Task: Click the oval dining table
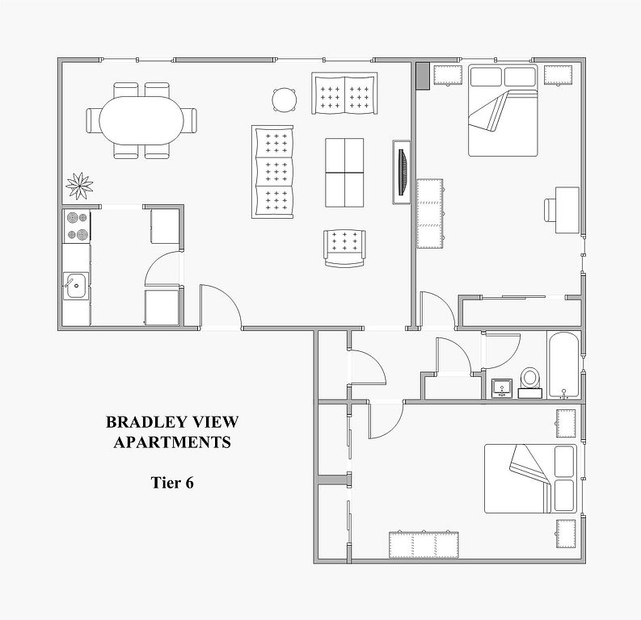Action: coord(141,120)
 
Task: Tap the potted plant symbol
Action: coord(79,186)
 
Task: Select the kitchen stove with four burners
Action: coord(78,226)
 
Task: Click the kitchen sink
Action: coord(76,286)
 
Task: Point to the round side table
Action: coord(284,99)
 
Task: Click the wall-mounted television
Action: coord(403,172)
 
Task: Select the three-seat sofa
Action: coord(272,172)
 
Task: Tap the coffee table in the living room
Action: coord(344,173)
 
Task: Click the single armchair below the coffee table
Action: coord(344,248)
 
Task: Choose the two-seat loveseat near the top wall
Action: coord(344,94)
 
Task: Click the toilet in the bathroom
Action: coord(530,382)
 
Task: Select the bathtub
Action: coord(563,365)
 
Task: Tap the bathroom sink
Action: coord(502,388)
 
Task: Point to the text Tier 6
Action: coord(172,483)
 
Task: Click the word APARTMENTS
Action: coord(172,442)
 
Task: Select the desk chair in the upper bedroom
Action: coord(550,210)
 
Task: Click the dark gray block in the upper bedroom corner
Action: coord(423,76)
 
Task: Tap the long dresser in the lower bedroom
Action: coord(424,544)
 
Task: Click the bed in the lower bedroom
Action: coord(530,479)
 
